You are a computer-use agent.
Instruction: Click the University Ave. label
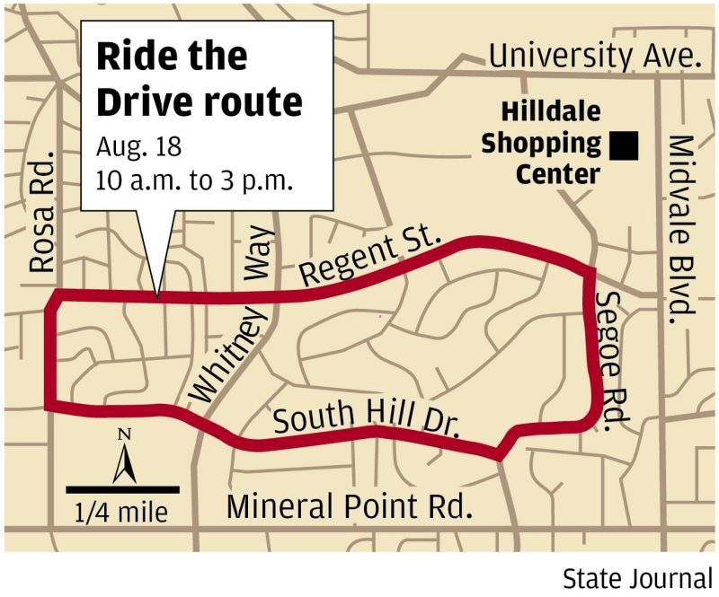tap(594, 57)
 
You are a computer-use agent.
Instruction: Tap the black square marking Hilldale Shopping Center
tap(623, 145)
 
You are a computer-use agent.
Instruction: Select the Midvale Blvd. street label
tap(682, 229)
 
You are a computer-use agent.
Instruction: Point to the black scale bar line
tap(123, 489)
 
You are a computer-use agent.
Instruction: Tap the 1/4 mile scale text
tap(123, 514)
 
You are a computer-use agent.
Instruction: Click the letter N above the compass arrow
tap(124, 435)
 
